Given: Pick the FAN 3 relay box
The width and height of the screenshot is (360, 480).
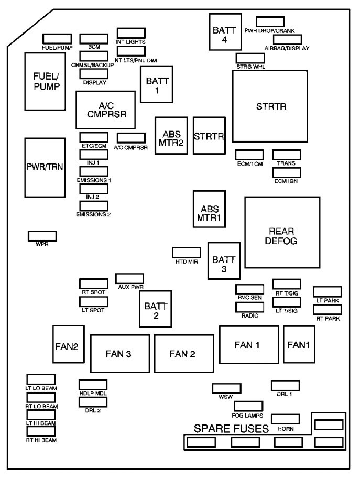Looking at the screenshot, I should (x=121, y=354).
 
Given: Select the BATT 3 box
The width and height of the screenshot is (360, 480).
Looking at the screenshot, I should (x=224, y=260).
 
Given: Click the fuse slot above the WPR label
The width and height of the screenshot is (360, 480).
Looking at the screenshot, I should (x=42, y=236).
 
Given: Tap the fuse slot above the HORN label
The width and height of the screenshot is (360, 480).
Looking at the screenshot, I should (x=285, y=418).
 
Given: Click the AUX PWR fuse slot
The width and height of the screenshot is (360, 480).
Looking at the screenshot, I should (x=130, y=278).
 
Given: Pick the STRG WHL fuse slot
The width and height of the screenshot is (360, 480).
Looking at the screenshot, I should (x=250, y=58).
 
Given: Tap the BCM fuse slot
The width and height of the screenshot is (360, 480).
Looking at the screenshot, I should (x=94, y=39).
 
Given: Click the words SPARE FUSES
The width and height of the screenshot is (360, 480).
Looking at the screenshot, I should (x=231, y=428).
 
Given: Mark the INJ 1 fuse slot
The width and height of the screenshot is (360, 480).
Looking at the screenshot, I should (x=93, y=155).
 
